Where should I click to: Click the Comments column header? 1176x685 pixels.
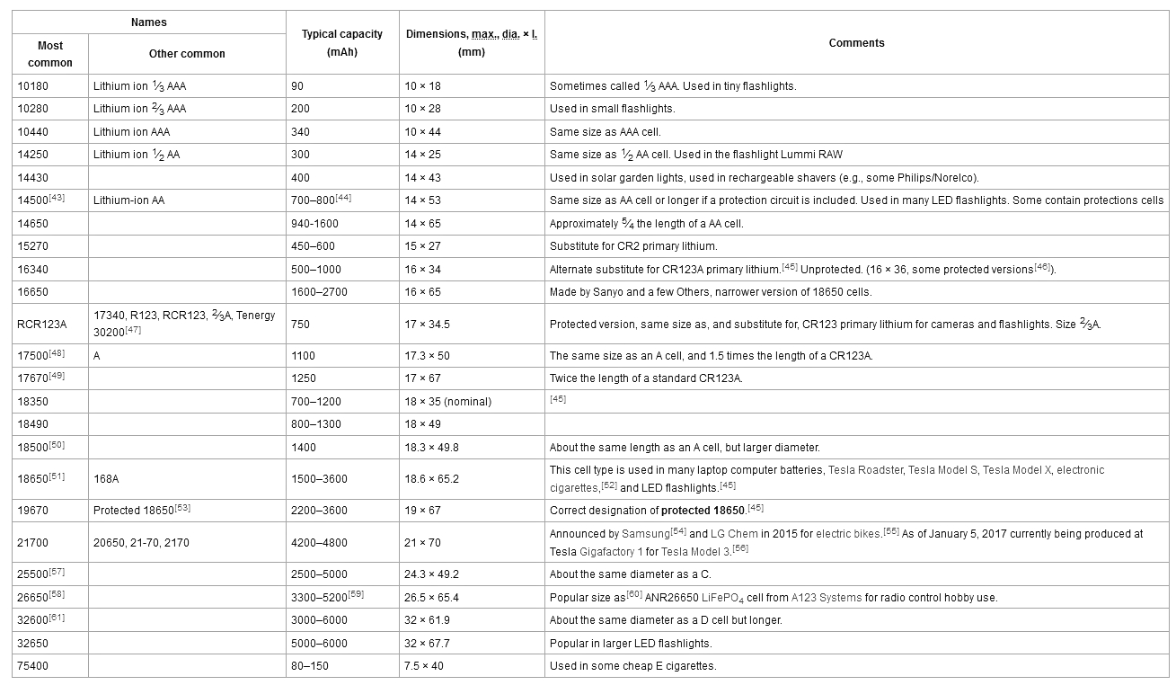856,43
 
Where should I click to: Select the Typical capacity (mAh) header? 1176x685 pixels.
341,43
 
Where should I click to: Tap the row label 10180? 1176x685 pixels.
32,86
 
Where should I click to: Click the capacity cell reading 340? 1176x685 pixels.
301,132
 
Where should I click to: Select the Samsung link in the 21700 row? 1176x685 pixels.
645,534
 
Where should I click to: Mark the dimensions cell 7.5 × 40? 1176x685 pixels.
424,666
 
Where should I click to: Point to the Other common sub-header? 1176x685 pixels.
187,54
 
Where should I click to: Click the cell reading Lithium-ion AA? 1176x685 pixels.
130,200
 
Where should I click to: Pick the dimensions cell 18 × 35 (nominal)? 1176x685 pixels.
448,402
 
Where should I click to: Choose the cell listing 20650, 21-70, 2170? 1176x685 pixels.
141,543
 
